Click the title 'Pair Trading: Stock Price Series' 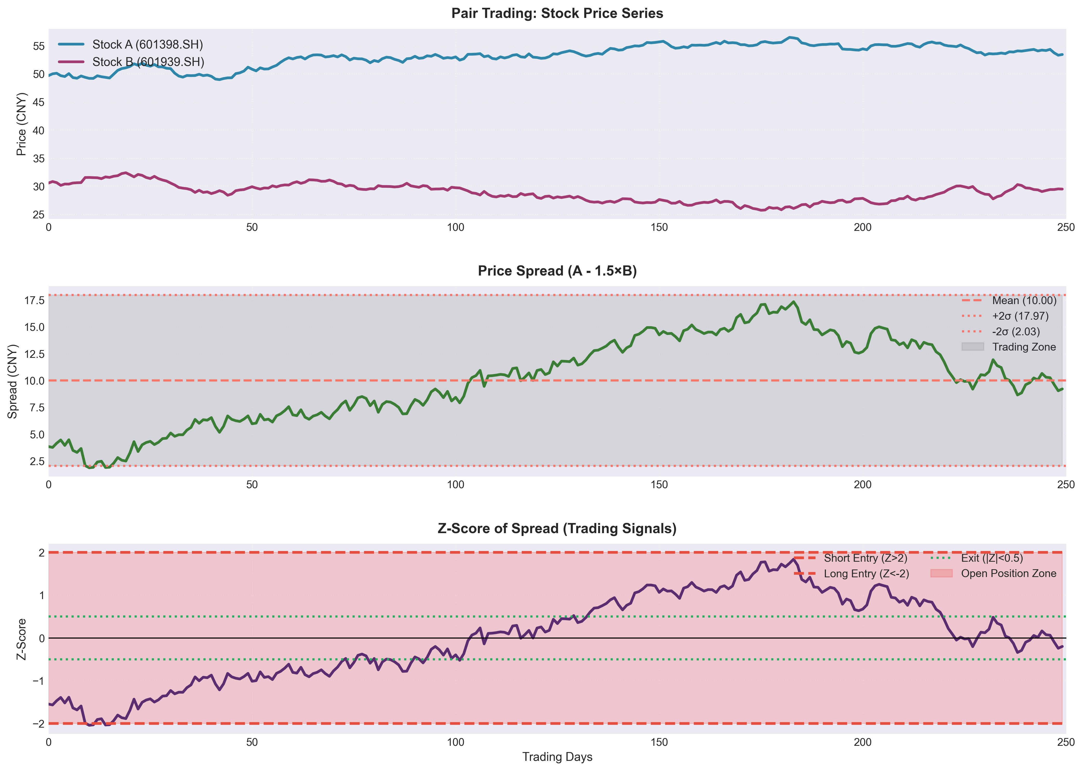557,13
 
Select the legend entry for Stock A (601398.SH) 131,45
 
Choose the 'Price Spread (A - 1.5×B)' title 557,271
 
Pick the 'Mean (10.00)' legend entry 1009,300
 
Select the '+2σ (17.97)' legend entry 1005,316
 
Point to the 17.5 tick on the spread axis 35,300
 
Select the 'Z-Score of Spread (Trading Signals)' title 557,529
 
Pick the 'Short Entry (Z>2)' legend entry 851,558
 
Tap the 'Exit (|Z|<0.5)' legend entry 977,558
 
